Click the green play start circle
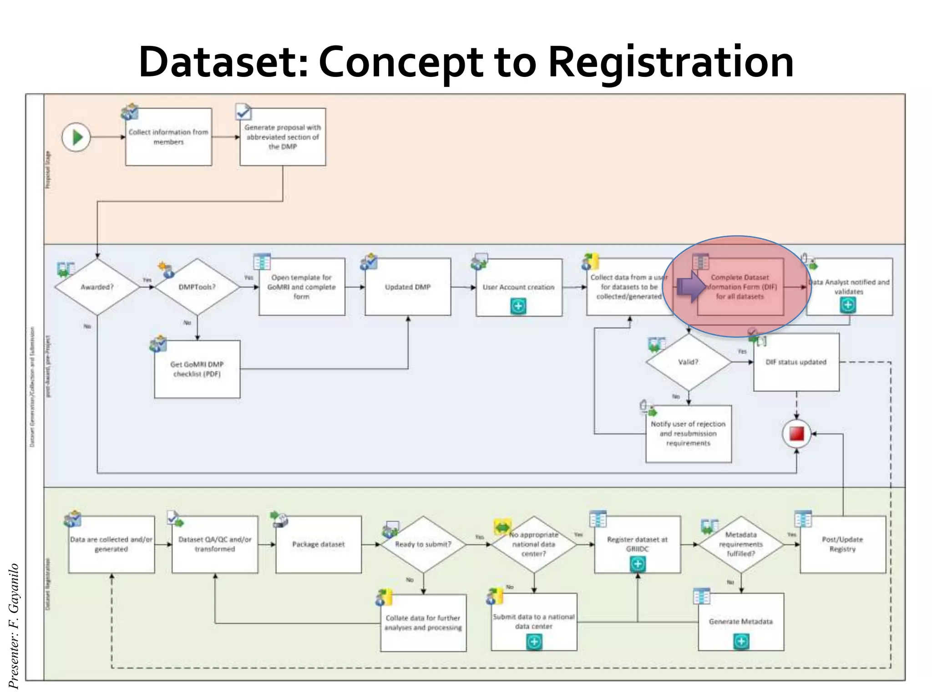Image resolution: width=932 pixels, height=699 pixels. point(76,137)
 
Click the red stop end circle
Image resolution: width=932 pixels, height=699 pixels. point(796,434)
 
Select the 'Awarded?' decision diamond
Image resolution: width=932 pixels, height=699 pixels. point(97,287)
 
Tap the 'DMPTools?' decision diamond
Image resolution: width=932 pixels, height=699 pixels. point(197,287)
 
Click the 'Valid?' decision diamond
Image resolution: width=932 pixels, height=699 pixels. point(688,362)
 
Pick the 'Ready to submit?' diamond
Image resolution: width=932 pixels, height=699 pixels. point(423,544)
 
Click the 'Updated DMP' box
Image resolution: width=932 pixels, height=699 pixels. point(408,287)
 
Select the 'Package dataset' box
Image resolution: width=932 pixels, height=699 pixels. point(319,544)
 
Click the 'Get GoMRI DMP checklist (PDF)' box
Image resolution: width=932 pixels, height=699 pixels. point(197,369)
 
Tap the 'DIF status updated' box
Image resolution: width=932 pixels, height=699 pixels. point(796,362)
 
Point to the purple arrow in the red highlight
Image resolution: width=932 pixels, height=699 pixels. point(691,287)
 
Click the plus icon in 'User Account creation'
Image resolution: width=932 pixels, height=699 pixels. point(518,306)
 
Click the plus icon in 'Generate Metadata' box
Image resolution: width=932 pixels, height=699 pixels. point(741,642)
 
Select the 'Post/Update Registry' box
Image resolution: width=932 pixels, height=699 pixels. point(842,544)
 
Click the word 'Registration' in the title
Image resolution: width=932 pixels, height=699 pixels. point(671,62)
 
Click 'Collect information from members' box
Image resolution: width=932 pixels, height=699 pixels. point(168,137)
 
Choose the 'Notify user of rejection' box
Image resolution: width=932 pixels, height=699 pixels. point(688,433)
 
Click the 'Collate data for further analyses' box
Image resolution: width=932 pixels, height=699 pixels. point(423,623)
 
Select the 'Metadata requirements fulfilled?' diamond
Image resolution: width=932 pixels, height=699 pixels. point(741,544)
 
